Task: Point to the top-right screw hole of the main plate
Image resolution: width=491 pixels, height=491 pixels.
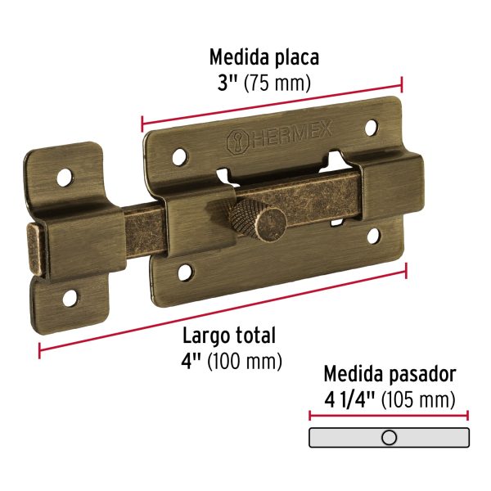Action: point(370,128)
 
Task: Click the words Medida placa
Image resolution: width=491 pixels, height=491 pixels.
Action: point(264,58)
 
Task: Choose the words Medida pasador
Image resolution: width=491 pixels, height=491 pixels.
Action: point(390,375)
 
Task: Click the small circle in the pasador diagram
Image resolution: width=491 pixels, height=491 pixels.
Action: point(390,438)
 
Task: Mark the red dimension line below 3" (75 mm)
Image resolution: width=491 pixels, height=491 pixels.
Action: point(272,103)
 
